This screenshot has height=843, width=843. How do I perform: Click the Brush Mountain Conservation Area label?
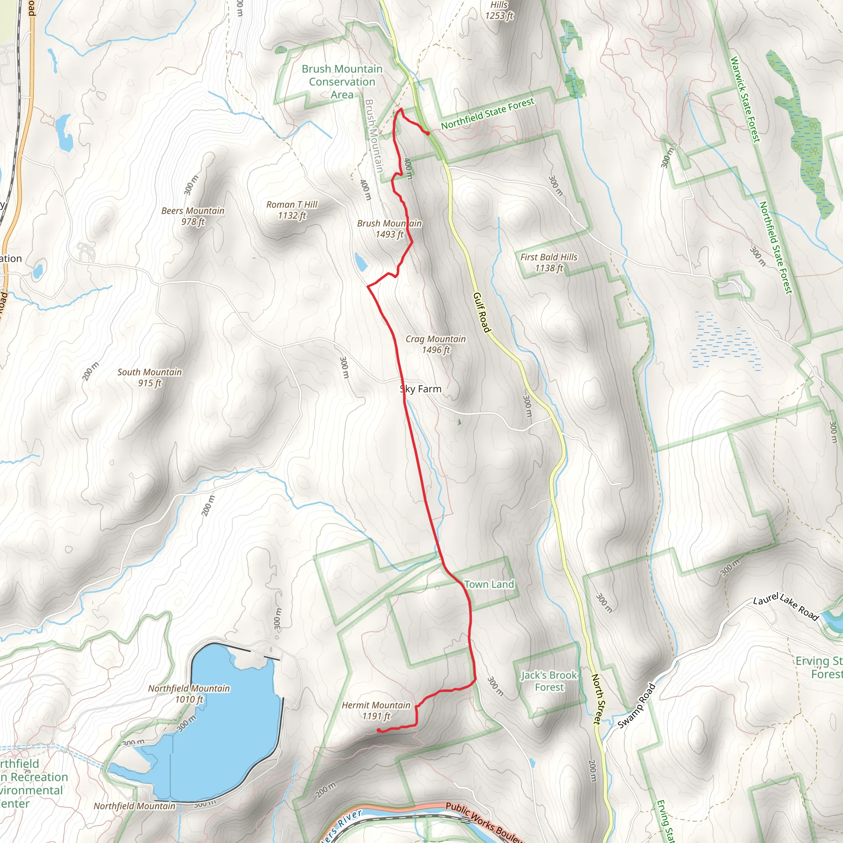342,82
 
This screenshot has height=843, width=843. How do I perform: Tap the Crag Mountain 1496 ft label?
435,344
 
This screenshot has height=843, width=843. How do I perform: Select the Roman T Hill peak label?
292,210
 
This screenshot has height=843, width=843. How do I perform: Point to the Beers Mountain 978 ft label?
193,216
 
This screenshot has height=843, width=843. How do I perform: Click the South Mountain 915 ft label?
150,377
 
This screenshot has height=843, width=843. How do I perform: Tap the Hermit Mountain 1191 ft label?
376,710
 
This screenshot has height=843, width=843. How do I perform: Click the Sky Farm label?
421,389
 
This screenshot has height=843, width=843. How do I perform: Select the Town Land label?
489,584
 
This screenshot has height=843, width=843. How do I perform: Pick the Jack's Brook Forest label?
549,681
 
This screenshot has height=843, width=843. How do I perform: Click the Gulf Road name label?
482,312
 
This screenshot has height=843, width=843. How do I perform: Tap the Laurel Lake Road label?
786,607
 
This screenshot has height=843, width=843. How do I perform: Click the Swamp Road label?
637,706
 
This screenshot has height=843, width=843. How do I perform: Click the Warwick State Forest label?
745,100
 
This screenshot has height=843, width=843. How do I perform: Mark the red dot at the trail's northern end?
428,133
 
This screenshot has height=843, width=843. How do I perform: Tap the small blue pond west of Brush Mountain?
361,262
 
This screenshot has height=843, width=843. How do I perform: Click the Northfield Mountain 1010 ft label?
189,694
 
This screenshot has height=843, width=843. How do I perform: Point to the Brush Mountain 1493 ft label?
389,228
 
